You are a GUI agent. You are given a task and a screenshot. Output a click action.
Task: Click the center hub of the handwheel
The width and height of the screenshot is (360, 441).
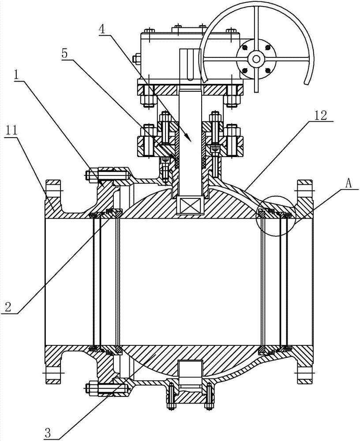click(x=256, y=59)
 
